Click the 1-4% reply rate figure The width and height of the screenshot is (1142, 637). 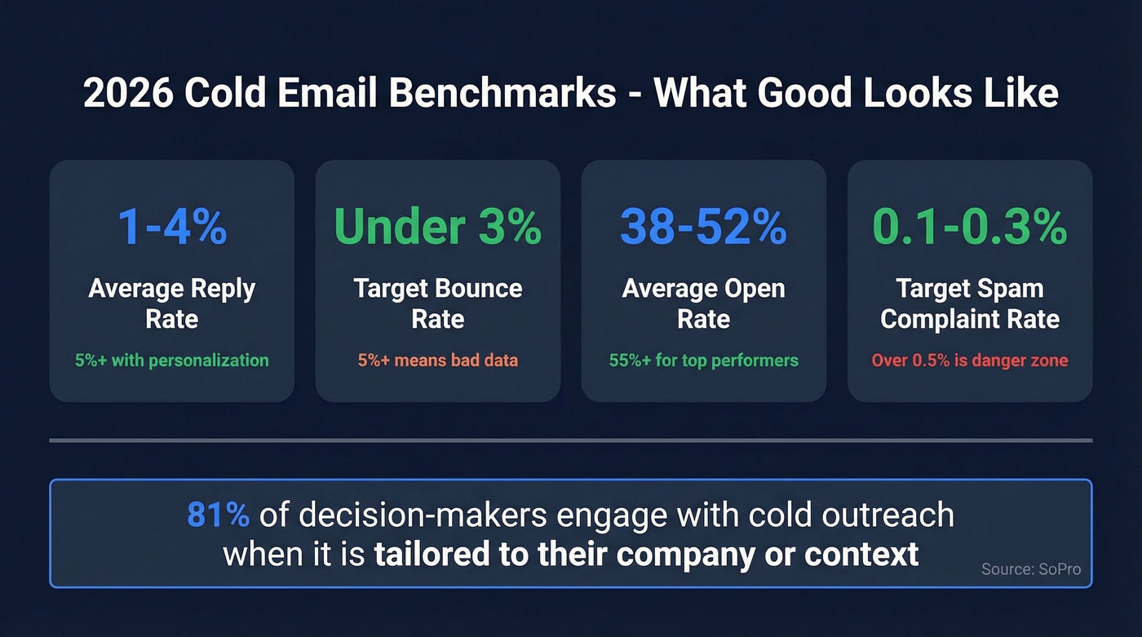[x=172, y=227]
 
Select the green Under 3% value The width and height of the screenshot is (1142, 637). [x=438, y=227]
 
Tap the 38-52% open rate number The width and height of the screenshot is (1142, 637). [x=703, y=227]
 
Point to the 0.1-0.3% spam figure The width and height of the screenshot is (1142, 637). [x=970, y=227]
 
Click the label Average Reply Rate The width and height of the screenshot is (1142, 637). [x=172, y=303]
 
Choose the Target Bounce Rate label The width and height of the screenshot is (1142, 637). [x=438, y=303]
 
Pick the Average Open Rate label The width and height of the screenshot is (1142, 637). [x=703, y=303]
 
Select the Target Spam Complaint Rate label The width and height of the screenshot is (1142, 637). [x=970, y=303]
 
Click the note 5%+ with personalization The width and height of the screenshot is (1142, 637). [x=172, y=361]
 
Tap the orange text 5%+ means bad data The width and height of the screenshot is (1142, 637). [x=438, y=361]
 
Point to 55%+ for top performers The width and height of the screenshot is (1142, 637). [x=703, y=361]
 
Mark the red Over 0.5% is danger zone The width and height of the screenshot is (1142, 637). [x=970, y=361]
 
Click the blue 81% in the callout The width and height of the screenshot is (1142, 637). [x=218, y=515]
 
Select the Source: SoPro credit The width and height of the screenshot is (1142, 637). [x=1031, y=569]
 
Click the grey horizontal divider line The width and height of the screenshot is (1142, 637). [x=570, y=440]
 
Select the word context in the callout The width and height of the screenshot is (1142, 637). [x=861, y=555]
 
